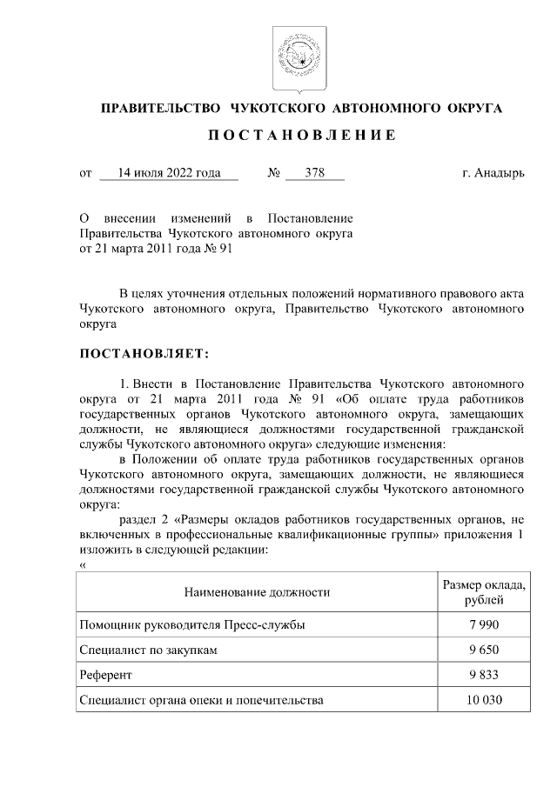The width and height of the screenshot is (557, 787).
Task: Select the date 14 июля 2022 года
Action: (169, 173)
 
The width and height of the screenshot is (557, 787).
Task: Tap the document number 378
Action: (314, 173)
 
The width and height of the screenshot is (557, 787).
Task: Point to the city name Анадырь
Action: (500, 173)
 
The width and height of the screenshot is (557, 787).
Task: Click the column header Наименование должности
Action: (257, 592)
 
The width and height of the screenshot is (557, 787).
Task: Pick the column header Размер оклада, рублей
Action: (483, 592)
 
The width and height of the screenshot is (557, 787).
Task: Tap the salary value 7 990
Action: (483, 624)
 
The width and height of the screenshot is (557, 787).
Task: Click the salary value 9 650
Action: (483, 650)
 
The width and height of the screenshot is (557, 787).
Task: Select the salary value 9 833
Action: (483, 675)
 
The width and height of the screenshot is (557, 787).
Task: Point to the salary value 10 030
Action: (483, 700)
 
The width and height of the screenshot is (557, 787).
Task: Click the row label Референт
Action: (105, 675)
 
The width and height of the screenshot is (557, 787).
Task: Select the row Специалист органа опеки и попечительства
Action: (201, 700)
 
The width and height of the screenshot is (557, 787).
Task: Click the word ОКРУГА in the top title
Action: (473, 108)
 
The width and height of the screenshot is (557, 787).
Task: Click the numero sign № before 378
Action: (272, 173)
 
